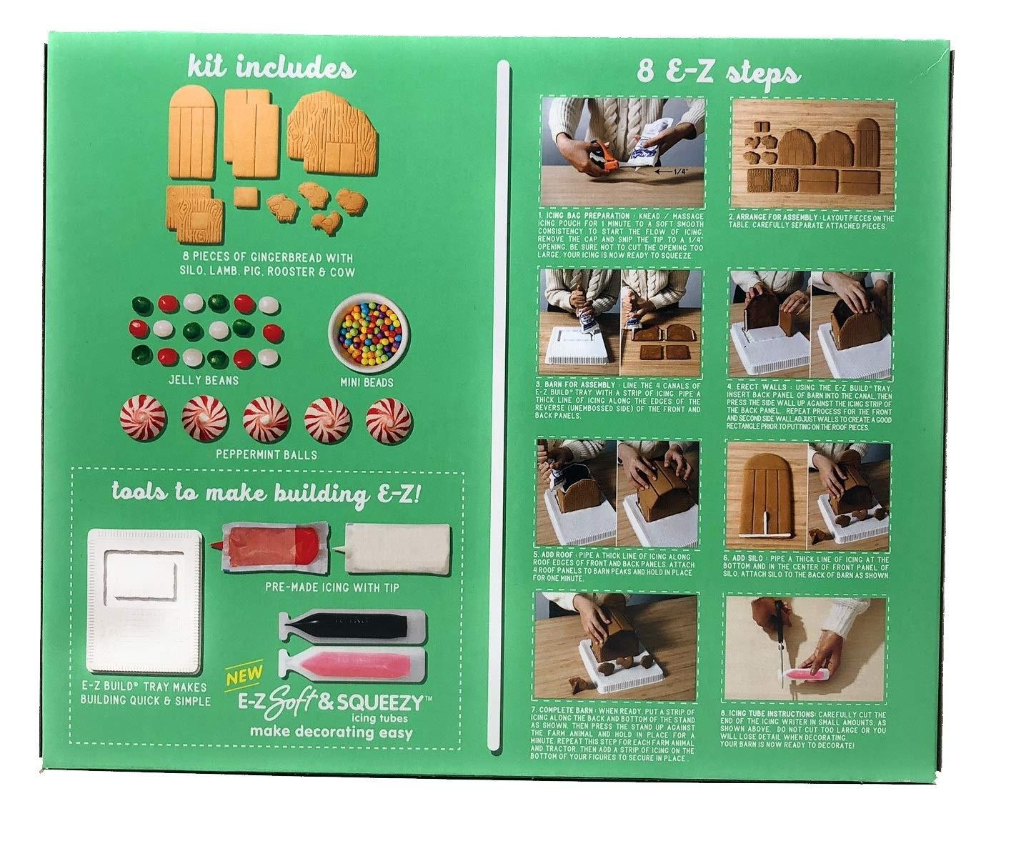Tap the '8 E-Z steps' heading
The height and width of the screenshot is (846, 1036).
coord(719,74)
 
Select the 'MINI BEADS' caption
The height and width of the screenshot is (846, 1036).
coord(367,382)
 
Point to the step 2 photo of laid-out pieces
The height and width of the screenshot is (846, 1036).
coord(810,149)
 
